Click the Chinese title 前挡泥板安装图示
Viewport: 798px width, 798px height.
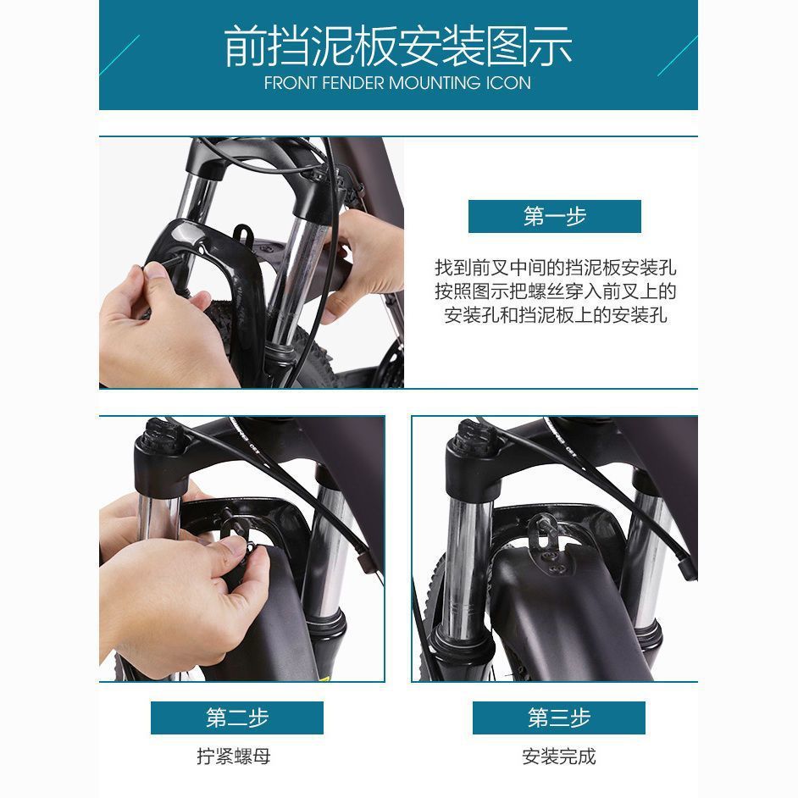click(398, 47)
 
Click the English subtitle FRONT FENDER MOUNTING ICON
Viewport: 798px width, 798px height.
click(397, 83)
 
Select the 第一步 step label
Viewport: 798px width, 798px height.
click(554, 217)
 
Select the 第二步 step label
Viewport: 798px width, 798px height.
click(236, 718)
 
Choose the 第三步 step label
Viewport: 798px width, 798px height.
click(558, 718)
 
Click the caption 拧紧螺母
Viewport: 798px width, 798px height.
click(234, 756)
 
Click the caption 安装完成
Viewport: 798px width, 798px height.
click(558, 756)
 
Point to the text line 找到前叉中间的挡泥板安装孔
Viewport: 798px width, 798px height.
click(556, 269)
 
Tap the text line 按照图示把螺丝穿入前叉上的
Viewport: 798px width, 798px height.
click(556, 292)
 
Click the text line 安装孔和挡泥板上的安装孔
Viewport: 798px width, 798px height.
click(556, 316)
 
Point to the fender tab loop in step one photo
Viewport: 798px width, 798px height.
click(243, 232)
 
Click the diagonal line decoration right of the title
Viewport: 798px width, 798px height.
click(677, 56)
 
